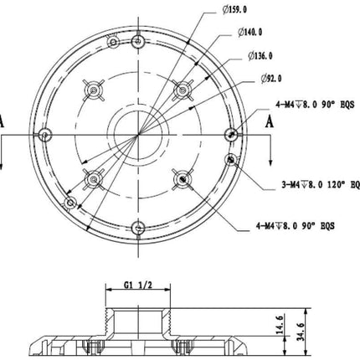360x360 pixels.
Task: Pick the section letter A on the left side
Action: point(3,121)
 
